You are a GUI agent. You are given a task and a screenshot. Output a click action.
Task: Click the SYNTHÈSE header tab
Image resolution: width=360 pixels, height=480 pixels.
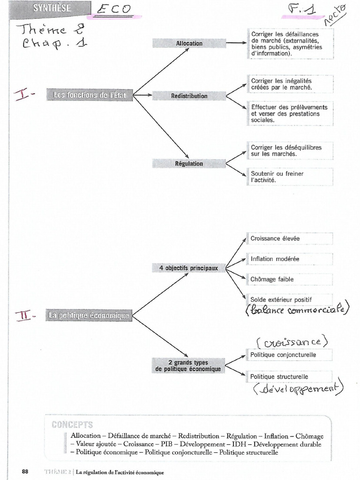52,8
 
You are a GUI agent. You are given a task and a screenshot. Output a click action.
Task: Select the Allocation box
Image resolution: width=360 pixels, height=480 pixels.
189,44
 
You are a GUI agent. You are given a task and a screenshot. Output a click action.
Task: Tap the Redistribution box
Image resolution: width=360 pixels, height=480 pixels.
189,96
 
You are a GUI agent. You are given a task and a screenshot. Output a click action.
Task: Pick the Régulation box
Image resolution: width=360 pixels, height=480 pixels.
189,164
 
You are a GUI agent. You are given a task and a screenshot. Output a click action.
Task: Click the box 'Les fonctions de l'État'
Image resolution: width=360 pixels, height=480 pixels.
90,95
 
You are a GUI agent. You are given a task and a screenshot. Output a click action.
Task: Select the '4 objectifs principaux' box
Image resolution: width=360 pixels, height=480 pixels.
188,268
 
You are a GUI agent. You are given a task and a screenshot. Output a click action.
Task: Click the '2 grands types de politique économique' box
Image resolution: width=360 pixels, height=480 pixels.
187,366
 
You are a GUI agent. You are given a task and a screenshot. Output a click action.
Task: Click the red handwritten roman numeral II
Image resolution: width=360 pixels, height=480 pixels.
25,315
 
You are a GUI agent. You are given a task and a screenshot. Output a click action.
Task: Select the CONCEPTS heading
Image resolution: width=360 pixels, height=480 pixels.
72,425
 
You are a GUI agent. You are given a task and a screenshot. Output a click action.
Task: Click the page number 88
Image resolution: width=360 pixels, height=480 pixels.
25,472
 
